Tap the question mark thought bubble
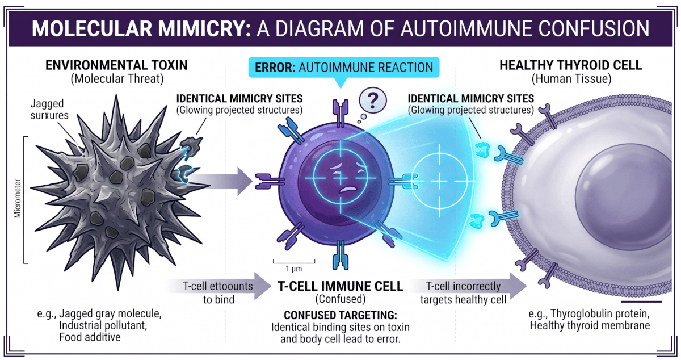[x=372, y=102]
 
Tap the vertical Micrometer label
[x=18, y=200]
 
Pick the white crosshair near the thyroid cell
[x=440, y=181]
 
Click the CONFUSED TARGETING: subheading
[x=340, y=315]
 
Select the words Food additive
[x=90, y=337]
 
